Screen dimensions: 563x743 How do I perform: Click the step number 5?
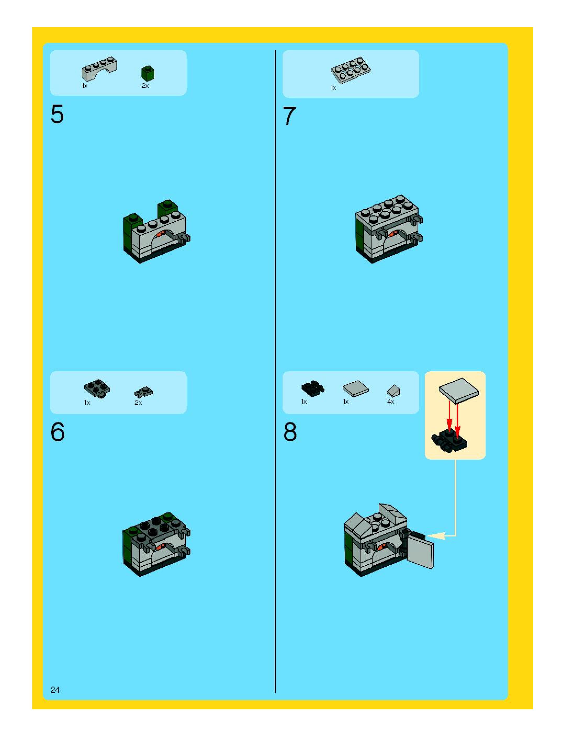point(57,115)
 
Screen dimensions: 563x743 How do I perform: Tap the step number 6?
point(58,432)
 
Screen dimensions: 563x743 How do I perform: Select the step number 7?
point(289,116)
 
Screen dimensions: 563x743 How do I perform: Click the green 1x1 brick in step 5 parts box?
point(148,73)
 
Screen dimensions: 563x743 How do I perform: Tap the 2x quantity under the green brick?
point(145,86)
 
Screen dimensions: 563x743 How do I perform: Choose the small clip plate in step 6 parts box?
point(144,392)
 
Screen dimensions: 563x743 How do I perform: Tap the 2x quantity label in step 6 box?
point(138,402)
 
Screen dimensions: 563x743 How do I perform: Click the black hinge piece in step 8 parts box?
point(313,389)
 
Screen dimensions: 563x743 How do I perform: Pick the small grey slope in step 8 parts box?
point(393,391)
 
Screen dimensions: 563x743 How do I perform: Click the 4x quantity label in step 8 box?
point(391,401)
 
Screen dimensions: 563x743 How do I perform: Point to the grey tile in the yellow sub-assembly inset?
point(458,390)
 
